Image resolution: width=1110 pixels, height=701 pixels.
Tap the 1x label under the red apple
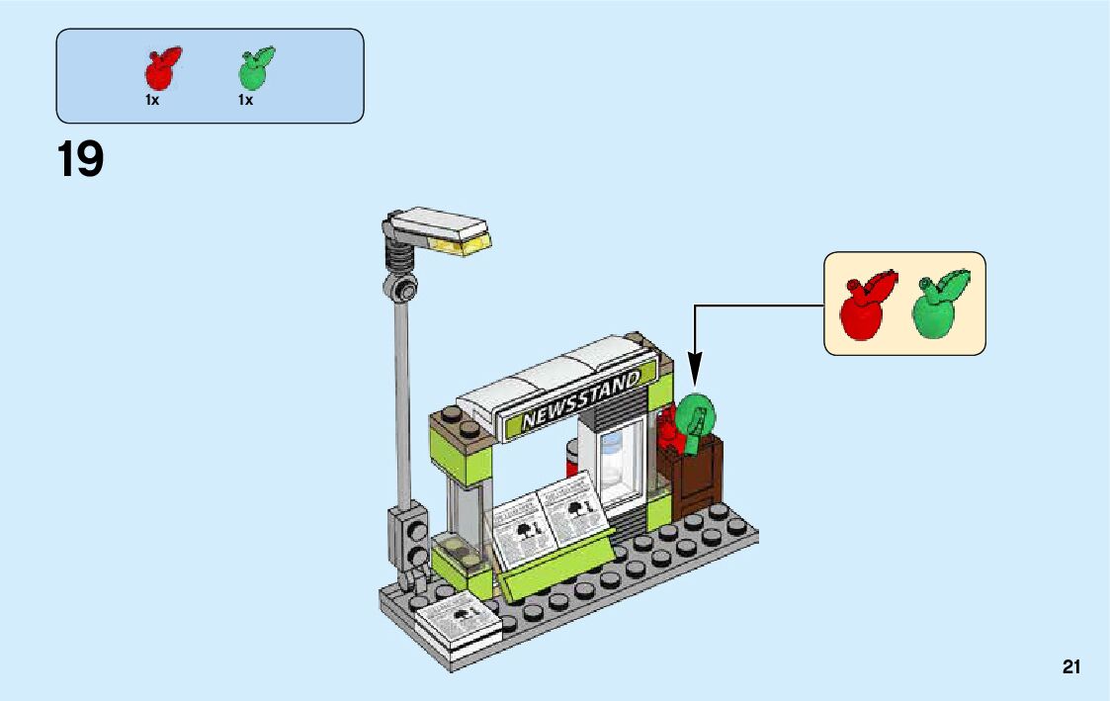[x=152, y=100]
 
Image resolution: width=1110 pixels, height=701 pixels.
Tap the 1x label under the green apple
[x=245, y=100]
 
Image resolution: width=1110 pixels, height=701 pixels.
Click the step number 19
[x=80, y=160]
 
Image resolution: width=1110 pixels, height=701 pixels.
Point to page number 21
[x=1071, y=667]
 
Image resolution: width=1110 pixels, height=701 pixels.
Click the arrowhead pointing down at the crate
[x=695, y=375]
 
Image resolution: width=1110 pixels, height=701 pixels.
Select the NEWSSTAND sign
[x=580, y=400]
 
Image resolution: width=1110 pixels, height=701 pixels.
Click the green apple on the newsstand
[x=697, y=417]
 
